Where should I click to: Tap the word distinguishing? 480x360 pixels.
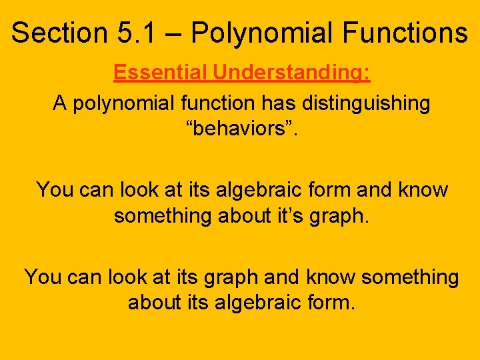tap(369, 103)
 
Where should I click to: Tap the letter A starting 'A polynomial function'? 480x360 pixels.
tap(60, 103)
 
